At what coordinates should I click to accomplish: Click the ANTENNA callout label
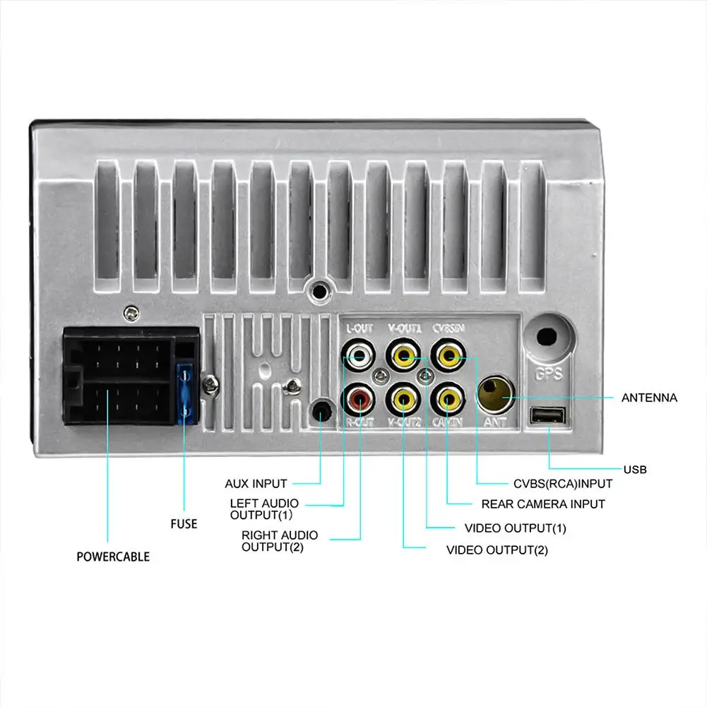pyautogui.click(x=649, y=398)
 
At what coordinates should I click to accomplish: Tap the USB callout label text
pyautogui.click(x=635, y=469)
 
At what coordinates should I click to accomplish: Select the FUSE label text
pyautogui.click(x=184, y=524)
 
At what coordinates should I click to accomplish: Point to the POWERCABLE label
pyautogui.click(x=113, y=557)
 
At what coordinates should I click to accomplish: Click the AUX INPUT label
pyautogui.click(x=256, y=484)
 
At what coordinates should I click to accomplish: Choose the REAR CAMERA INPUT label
pyautogui.click(x=542, y=504)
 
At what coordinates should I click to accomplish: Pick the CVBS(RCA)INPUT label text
pyautogui.click(x=562, y=484)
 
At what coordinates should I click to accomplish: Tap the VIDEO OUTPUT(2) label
pyautogui.click(x=497, y=549)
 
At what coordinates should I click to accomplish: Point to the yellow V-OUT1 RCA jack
pyautogui.click(x=403, y=352)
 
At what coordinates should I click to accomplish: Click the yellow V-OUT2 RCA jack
pyautogui.click(x=403, y=399)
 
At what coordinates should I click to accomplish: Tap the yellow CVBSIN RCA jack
pyautogui.click(x=448, y=352)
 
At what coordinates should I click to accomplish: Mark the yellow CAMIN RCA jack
pyautogui.click(x=448, y=399)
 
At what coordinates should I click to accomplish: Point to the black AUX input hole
pyautogui.click(x=321, y=410)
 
